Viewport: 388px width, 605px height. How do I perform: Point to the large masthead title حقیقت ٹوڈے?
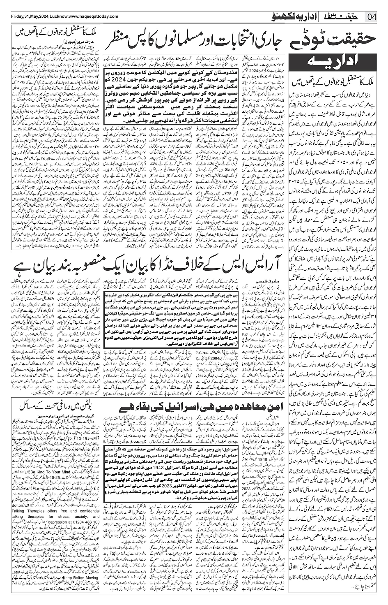click(x=336, y=42)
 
